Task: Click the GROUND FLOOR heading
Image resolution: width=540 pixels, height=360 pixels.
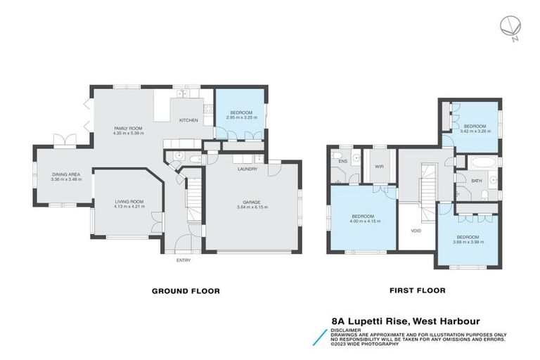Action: [186, 290]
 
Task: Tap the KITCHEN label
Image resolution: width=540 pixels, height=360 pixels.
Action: [188, 120]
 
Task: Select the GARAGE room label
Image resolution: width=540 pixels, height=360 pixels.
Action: [251, 201]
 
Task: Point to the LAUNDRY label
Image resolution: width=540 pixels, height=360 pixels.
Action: [246, 169]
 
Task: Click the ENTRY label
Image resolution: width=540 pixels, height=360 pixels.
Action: [184, 260]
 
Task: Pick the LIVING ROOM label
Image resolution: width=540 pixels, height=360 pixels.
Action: [129, 201]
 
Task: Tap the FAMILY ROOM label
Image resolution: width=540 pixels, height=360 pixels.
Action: [129, 128]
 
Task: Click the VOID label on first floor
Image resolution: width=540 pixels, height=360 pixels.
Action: [416, 230]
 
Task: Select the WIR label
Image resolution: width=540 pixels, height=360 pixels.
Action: [380, 166]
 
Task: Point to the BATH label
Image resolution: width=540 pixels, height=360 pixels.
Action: [477, 181]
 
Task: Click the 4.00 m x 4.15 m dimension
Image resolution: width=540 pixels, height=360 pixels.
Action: [366, 221]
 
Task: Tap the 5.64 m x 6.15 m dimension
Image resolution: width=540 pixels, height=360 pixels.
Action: [251, 207]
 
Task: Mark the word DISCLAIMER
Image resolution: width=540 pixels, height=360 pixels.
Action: [347, 329]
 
